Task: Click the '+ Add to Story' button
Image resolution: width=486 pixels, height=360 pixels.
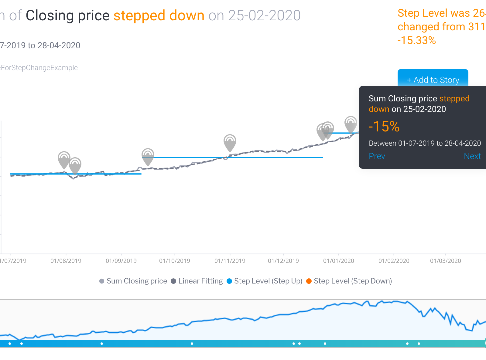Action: coord(433,80)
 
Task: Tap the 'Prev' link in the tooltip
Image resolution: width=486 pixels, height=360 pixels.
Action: coord(377,156)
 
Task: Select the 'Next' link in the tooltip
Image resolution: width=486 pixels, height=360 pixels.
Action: coord(472,156)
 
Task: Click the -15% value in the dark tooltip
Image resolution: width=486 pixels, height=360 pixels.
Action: coord(384,126)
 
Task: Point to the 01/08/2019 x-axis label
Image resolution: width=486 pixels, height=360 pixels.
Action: coord(66,261)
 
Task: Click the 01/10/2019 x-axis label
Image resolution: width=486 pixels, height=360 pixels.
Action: coord(175,261)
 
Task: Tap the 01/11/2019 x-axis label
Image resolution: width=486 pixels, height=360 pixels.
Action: coord(230,261)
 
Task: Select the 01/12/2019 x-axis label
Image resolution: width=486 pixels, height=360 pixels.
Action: coord(283,261)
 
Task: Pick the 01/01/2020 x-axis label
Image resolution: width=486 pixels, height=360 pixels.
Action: coord(339,261)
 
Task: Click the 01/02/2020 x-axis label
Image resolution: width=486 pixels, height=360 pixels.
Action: coord(394,261)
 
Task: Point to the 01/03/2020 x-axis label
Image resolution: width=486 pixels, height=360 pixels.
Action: coord(446,261)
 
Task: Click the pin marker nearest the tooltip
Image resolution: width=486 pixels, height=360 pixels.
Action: coord(351,124)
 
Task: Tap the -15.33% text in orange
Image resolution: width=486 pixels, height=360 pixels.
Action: coord(417,40)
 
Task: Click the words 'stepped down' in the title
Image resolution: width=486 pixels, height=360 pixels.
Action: coord(159,15)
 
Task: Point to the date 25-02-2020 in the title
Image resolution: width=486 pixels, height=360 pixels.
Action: coord(264,15)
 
